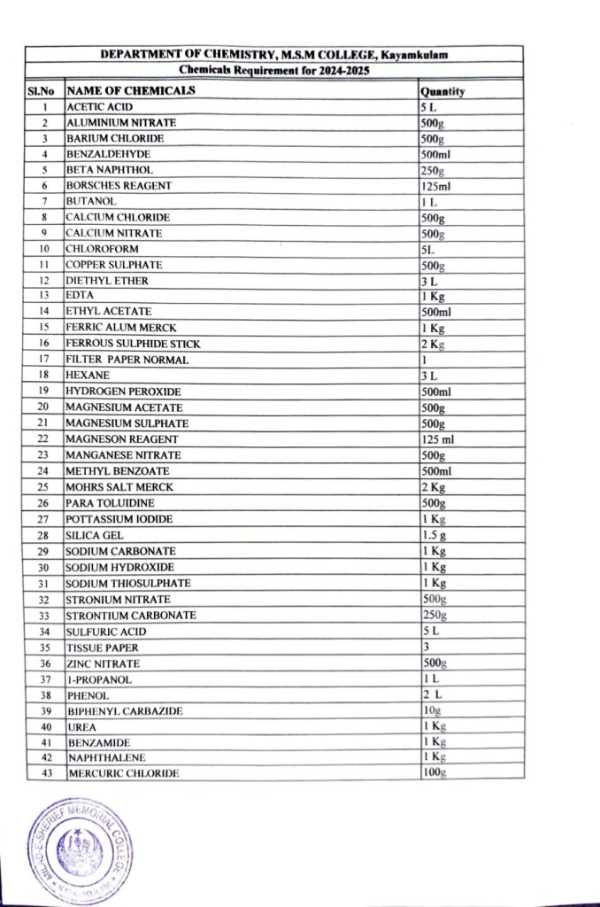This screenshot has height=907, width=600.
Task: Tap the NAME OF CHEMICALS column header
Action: click(131, 90)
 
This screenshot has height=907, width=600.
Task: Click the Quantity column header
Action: click(443, 91)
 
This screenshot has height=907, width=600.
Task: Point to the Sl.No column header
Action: click(42, 91)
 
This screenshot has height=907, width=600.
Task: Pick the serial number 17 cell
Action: click(43, 360)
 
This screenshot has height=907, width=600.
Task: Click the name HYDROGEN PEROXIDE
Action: click(123, 391)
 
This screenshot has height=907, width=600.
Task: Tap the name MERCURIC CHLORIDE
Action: click(123, 773)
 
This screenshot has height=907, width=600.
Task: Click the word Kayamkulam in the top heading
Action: click(419, 55)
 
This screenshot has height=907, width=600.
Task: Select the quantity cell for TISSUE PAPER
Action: click(426, 647)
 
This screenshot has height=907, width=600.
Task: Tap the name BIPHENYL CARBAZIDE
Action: click(125, 711)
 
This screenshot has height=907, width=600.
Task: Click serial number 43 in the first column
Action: click(44, 773)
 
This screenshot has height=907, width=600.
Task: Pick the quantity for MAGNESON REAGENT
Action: click(436, 438)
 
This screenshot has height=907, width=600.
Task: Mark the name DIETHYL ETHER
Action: click(107, 281)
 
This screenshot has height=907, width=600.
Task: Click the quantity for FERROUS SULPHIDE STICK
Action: click(433, 343)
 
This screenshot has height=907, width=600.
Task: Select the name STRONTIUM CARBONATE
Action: click(131, 616)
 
